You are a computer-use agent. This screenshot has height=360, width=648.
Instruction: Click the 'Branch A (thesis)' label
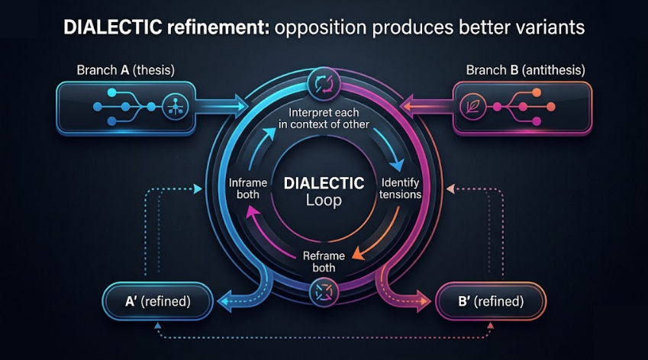(x=125, y=70)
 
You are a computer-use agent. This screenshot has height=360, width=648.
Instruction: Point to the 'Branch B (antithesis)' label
(x=525, y=70)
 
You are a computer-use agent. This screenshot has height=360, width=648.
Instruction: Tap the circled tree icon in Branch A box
(x=171, y=107)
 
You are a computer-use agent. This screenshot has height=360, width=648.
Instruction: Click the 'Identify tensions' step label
(x=401, y=188)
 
